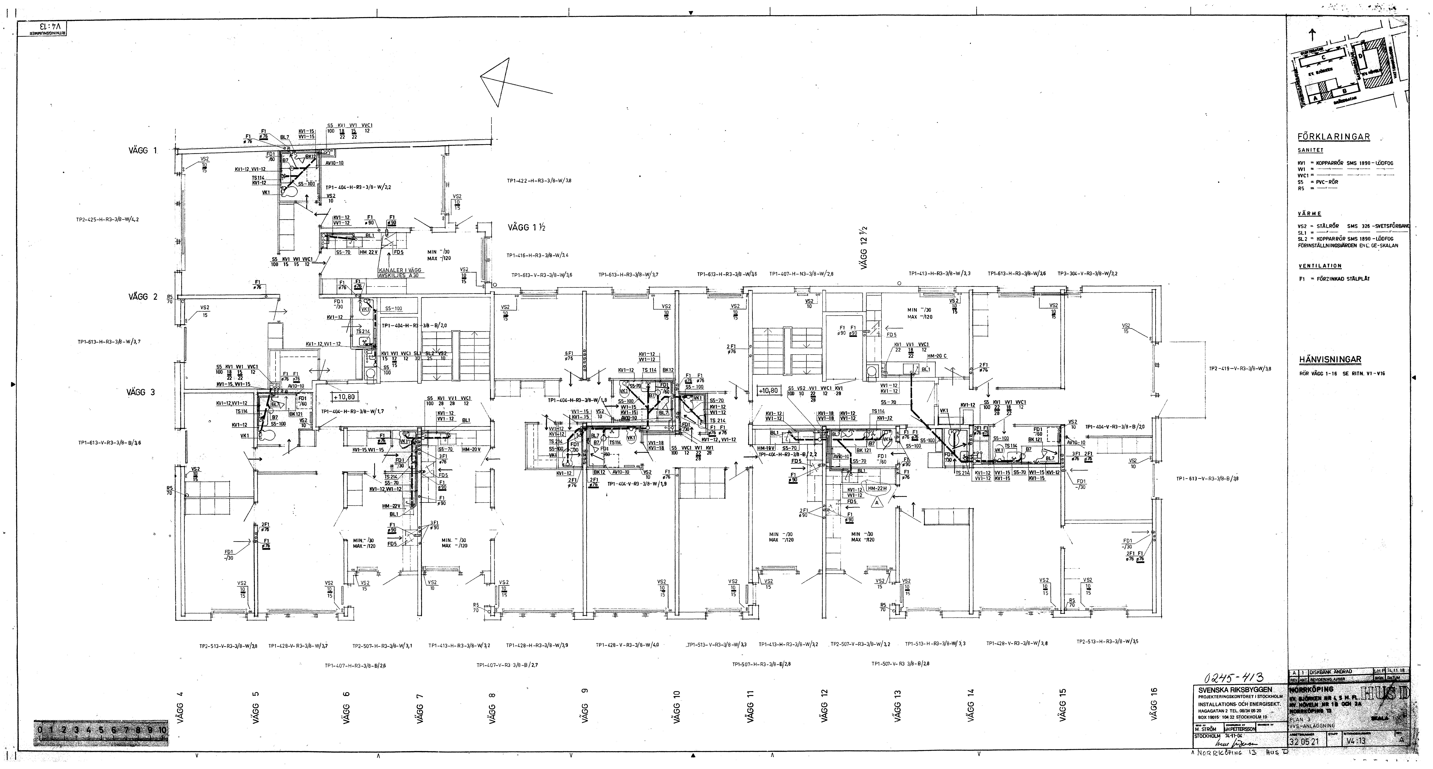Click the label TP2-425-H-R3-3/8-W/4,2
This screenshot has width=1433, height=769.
click(107, 219)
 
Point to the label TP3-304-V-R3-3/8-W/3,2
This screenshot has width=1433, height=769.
click(1087, 274)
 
